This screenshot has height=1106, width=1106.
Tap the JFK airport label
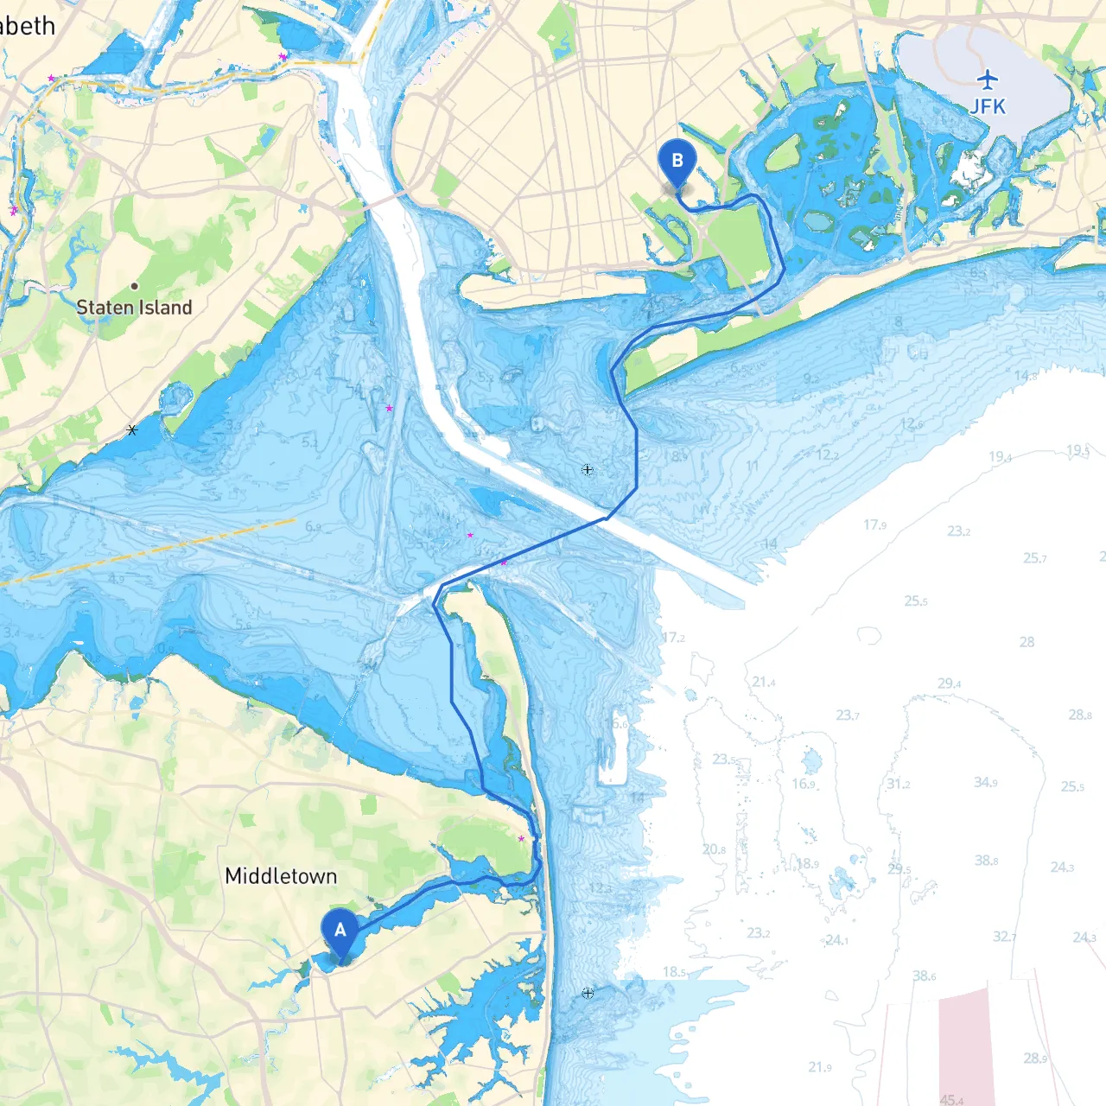tap(988, 106)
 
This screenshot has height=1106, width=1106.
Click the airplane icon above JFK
tap(988, 80)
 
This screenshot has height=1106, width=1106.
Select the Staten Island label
tap(134, 308)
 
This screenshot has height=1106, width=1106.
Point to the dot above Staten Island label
tap(134, 286)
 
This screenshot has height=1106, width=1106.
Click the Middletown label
tap(281, 876)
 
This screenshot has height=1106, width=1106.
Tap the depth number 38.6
tap(924, 976)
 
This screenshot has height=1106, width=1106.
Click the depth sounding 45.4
tap(951, 1100)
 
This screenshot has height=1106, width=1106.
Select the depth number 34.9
tap(985, 782)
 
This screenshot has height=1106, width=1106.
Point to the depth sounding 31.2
tap(898, 784)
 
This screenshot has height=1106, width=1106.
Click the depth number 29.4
tap(949, 683)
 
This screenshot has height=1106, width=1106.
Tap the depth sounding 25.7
tap(1035, 558)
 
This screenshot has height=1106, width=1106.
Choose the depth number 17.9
tap(874, 524)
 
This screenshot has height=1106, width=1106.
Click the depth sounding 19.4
tap(1000, 456)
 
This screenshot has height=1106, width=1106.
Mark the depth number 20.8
tap(714, 849)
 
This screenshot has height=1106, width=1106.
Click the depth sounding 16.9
tap(804, 784)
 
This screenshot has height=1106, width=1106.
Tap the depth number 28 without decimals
tap(1027, 642)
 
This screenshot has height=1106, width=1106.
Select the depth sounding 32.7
tap(1004, 937)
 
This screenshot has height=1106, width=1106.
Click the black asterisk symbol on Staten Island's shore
tap(131, 429)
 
